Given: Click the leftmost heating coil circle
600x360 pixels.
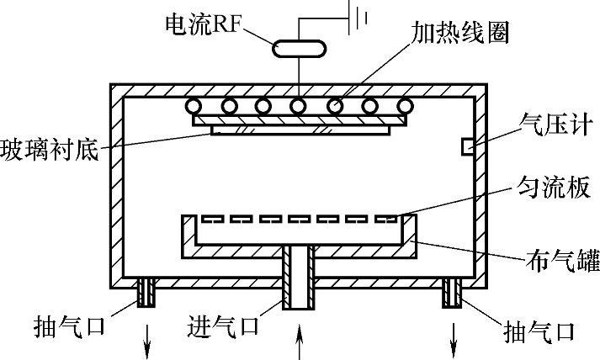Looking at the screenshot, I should pyautogui.click(x=194, y=107).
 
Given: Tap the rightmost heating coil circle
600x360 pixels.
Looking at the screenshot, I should pyautogui.click(x=406, y=107).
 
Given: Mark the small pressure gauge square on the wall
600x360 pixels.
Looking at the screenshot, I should pyautogui.click(x=465, y=148).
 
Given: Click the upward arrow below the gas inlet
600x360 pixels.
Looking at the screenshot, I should pyautogui.click(x=300, y=344).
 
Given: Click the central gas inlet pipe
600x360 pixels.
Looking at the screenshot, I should pyautogui.click(x=299, y=286).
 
